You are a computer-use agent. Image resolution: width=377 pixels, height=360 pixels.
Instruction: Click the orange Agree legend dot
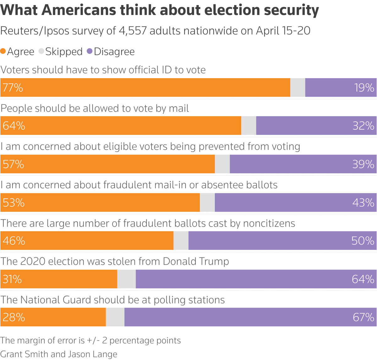click(x=3, y=51)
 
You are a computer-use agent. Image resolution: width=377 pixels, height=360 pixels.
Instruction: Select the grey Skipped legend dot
click(x=41, y=51)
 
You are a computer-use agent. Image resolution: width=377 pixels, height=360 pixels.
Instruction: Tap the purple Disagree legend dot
click(x=90, y=51)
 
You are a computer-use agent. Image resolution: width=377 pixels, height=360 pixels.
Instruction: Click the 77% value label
click(x=13, y=88)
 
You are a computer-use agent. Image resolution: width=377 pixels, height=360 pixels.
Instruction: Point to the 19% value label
click(x=364, y=88)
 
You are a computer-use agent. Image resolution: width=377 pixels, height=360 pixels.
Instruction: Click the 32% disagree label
click(x=363, y=126)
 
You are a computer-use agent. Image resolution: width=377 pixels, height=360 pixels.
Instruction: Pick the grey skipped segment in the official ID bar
click(x=298, y=88)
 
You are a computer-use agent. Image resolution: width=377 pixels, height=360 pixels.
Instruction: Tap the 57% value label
click(x=13, y=164)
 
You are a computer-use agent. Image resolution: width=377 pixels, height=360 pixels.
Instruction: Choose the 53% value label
click(x=14, y=202)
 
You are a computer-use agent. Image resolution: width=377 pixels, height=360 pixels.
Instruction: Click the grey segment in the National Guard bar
click(x=115, y=317)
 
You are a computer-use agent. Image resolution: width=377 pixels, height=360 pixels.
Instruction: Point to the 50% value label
click(x=363, y=241)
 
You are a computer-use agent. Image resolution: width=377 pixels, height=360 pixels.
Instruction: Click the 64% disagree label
click(x=363, y=279)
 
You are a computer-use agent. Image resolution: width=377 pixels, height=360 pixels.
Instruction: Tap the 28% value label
click(x=14, y=317)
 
